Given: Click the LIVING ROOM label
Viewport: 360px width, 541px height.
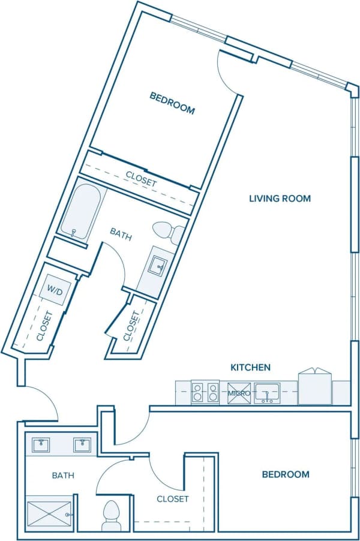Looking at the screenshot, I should (x=280, y=199).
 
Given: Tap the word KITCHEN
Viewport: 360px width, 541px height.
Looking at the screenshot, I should (x=251, y=367).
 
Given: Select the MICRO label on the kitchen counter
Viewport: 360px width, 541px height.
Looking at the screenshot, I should (x=238, y=393).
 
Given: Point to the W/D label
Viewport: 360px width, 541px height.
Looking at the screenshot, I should (x=55, y=291).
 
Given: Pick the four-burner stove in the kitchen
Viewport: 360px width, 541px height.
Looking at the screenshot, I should (x=205, y=393).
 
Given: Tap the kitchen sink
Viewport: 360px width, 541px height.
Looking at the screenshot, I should (x=266, y=393).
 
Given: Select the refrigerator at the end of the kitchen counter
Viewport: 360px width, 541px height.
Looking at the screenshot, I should (x=314, y=387).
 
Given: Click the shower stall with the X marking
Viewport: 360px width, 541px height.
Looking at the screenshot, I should (x=49, y=513).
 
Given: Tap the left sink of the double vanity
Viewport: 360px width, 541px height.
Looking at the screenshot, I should (x=41, y=445).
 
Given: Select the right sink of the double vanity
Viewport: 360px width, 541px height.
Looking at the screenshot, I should (x=82, y=445).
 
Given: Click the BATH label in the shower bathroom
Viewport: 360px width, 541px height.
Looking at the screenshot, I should (x=63, y=476).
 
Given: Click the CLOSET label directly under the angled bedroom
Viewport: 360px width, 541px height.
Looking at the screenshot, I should (x=141, y=178).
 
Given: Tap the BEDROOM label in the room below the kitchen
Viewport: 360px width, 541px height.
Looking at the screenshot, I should (x=286, y=474).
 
